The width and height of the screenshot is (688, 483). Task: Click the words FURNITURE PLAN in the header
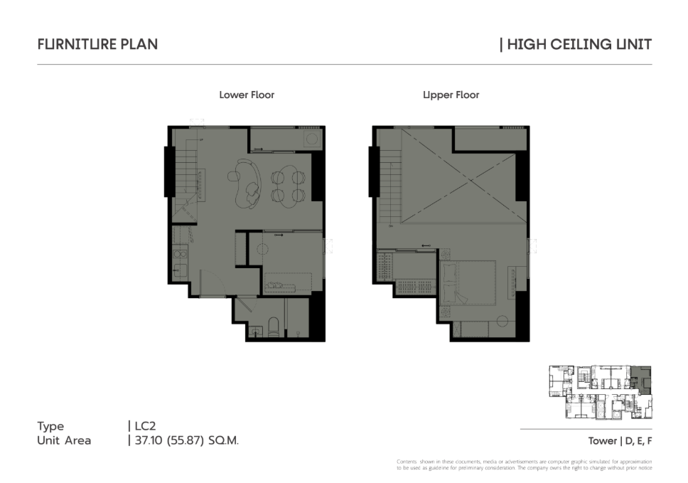point(97,44)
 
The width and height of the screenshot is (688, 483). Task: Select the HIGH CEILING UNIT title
point(579,44)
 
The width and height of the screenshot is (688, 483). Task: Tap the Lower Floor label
point(247,95)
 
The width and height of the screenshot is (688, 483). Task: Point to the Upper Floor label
point(451,95)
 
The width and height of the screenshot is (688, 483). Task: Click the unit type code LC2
point(145,426)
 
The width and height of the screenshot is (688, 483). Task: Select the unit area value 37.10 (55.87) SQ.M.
point(186,440)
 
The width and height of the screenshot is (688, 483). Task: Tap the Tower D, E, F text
point(620,441)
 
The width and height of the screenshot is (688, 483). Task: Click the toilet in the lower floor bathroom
point(274,327)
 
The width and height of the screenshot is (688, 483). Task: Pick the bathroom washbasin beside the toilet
point(254,331)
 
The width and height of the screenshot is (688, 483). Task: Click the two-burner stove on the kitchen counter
point(179,253)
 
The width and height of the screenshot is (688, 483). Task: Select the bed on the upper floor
point(468,283)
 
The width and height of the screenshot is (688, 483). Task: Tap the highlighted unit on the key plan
point(643,379)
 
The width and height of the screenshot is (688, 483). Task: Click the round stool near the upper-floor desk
point(502,321)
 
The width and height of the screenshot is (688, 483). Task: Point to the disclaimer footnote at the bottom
point(525,465)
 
